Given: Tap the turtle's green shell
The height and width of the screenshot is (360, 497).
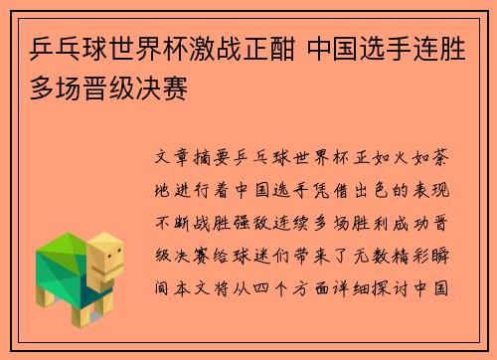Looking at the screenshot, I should pos(60,257).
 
